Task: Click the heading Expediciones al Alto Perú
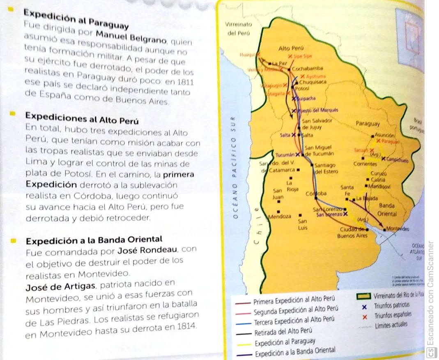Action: pyautogui.click(x=82, y=118)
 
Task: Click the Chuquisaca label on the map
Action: pyautogui.click(x=313, y=82)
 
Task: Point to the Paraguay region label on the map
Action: pyautogui.click(x=368, y=123)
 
